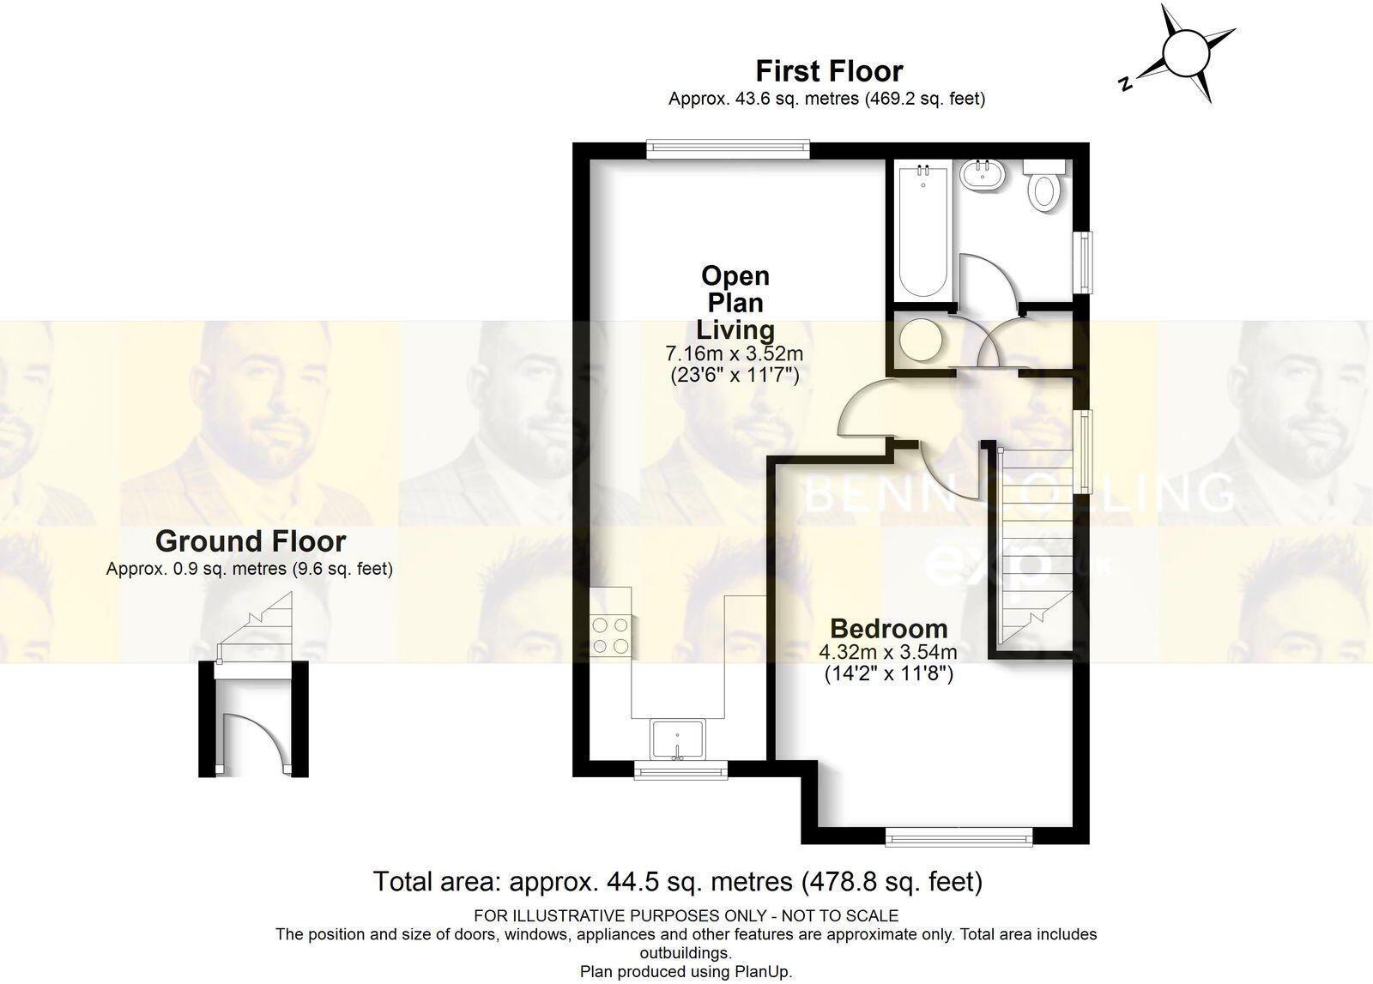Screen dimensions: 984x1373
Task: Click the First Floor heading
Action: coord(828,70)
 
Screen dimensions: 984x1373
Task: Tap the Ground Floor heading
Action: coord(250,541)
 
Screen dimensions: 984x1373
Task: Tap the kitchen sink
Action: coord(678,740)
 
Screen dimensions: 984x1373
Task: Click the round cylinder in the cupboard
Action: coord(922,340)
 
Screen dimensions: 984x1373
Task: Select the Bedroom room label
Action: coord(888,628)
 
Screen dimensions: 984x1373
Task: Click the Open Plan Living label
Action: coord(735,303)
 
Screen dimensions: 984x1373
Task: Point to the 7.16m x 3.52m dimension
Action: coord(735,353)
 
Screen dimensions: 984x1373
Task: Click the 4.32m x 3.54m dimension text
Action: coord(888,652)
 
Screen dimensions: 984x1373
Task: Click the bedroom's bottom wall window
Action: coord(958,836)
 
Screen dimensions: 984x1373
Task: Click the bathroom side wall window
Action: coord(1085,261)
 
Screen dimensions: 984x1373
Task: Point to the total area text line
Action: coord(677,881)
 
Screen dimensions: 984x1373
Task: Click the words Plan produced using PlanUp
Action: coord(686,971)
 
